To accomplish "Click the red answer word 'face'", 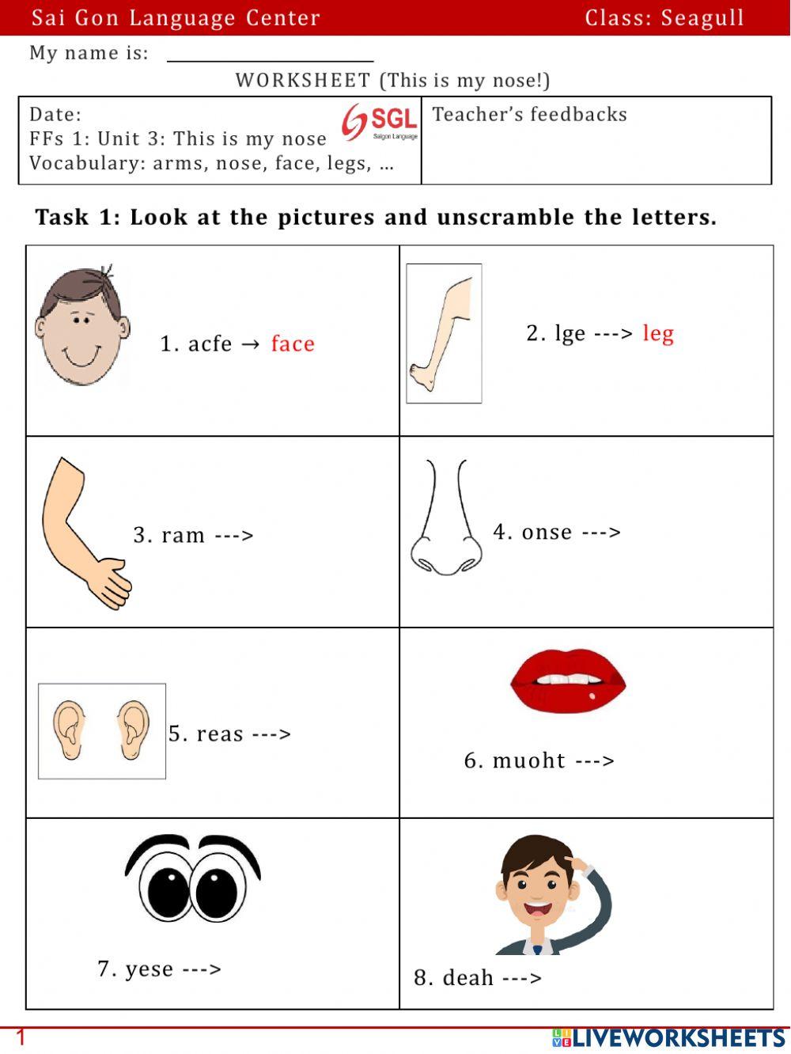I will tap(293, 344).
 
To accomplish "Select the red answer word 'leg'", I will tap(658, 333).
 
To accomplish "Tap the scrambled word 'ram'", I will tap(183, 536).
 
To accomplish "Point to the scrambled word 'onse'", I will tap(547, 532).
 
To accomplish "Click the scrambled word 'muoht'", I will tap(528, 761).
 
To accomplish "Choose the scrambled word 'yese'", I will tap(149, 969).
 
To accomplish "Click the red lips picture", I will tap(567, 681).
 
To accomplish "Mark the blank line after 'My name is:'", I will tap(270, 59).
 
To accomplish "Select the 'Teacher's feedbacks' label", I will tap(529, 115).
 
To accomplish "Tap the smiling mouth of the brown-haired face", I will tap(81, 355).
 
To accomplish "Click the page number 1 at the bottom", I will tap(21, 1037).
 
